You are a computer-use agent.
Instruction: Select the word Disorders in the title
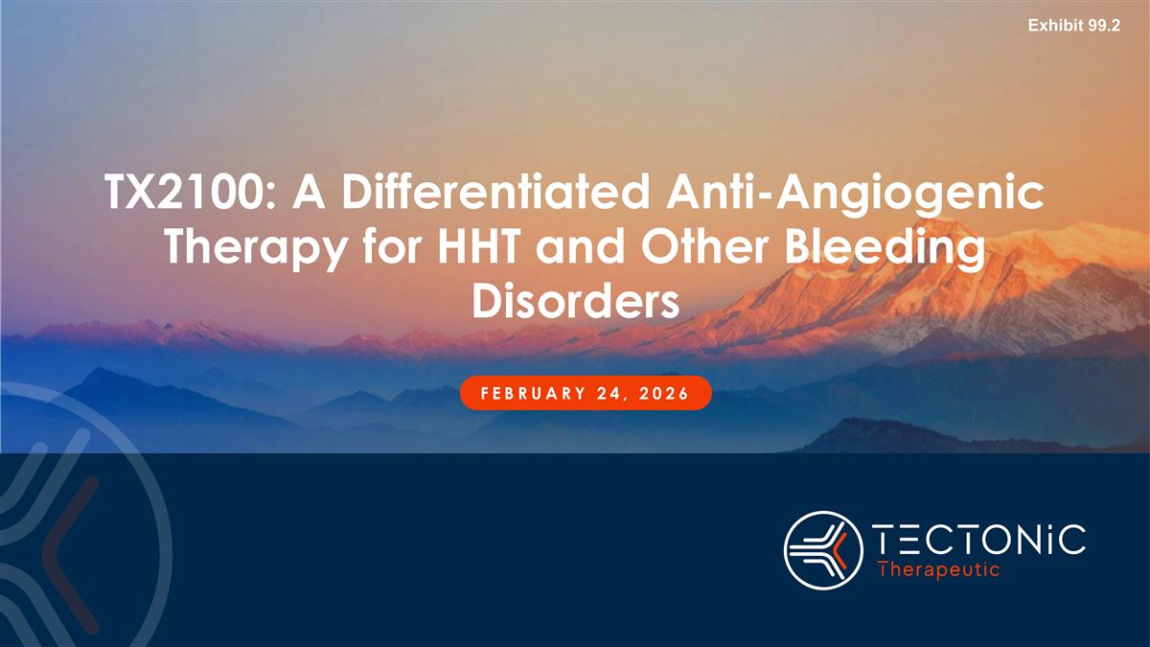[576, 302]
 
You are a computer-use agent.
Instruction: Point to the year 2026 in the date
[667, 393]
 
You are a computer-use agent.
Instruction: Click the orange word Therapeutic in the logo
[939, 569]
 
